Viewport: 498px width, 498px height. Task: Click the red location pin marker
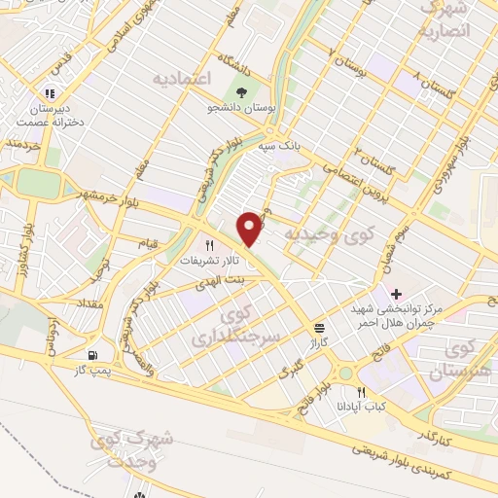pos(251,228)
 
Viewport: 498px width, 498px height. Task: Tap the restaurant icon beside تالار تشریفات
pos(207,246)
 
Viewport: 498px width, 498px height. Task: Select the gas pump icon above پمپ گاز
pos(93,355)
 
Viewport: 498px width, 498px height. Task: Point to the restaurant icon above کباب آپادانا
pos(361,391)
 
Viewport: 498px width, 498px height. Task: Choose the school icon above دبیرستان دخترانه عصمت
pos(46,94)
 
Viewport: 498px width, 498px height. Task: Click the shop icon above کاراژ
pos(319,328)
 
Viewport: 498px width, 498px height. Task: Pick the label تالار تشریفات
pos(207,262)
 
